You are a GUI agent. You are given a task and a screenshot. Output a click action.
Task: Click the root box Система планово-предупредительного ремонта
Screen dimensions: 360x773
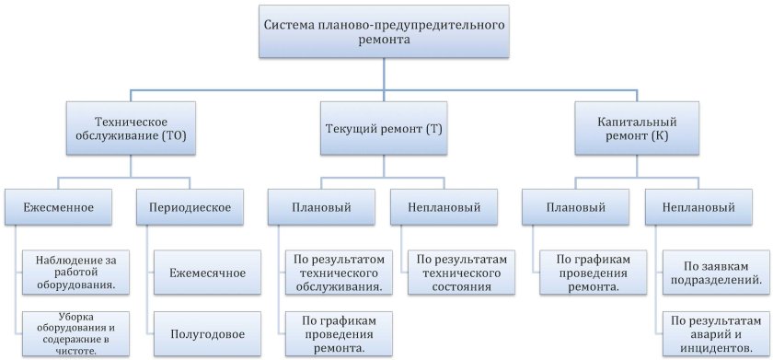point(386,35)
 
